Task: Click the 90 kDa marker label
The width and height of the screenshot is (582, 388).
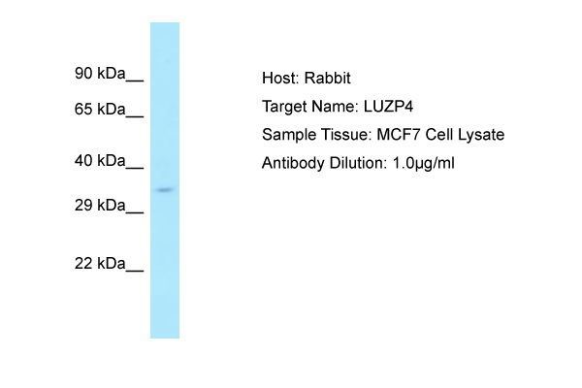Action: point(100,73)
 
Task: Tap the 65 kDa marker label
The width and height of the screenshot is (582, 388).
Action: point(100,110)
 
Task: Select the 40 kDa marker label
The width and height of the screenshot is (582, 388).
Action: point(100,161)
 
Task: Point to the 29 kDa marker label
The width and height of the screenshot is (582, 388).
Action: point(100,205)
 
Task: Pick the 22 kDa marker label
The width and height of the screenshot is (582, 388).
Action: point(100,263)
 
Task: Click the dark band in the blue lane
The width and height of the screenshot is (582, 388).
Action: point(165,190)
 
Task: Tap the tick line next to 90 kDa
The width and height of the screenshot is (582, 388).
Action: point(135,81)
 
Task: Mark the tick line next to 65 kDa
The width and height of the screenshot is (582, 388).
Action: point(135,116)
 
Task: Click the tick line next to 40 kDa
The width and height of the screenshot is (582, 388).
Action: point(135,168)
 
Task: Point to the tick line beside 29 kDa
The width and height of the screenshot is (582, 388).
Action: point(135,212)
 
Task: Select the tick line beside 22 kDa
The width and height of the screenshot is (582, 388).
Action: point(135,271)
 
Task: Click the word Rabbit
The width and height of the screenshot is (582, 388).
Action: point(328,78)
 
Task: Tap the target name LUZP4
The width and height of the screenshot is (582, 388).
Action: point(388,107)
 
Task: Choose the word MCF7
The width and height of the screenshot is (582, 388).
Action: point(399,135)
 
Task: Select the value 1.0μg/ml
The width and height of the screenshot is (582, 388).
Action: point(424,163)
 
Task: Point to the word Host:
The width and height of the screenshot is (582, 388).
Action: point(280,78)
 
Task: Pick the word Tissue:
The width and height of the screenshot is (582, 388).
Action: point(346,135)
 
